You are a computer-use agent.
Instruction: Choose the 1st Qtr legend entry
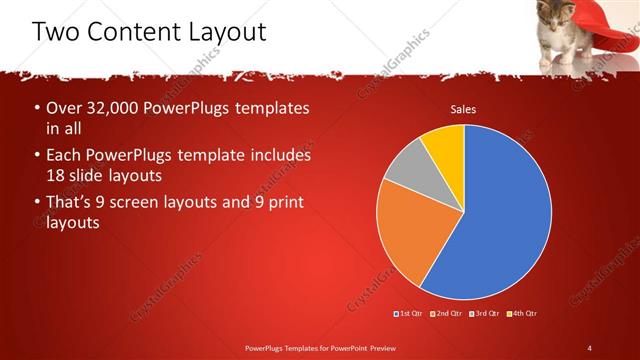pyautogui.click(x=410, y=314)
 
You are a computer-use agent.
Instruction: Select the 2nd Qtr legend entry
pyautogui.click(x=446, y=314)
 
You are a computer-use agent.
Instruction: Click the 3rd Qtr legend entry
pyautogui.click(x=484, y=314)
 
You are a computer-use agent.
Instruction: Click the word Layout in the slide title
pyautogui.click(x=220, y=32)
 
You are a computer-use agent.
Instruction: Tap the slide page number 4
pyautogui.click(x=590, y=347)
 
